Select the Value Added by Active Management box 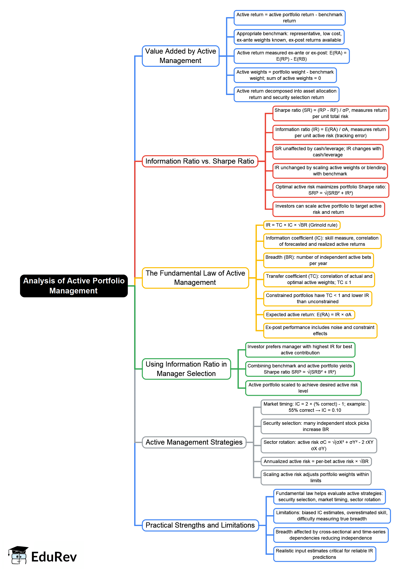pos(181,56)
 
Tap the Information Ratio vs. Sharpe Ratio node pos(200,161)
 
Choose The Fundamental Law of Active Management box pos(195,278)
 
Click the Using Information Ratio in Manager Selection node pos(186,369)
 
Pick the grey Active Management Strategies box pos(194,442)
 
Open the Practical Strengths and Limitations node pos(200,525)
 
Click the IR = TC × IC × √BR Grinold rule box pos(301,225)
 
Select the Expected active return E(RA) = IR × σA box pos(309,314)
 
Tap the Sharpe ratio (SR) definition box pos(331,113)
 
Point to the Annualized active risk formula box pos(316,461)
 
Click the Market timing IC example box pos(315,407)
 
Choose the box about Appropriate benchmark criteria pos(289,37)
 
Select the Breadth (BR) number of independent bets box pos(318,260)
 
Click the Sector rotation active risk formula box pos(318,445)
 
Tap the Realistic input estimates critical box pos(324,554)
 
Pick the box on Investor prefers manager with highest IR pos(300,350)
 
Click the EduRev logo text pos(54,557)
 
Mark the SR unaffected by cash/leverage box pos(328,152)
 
